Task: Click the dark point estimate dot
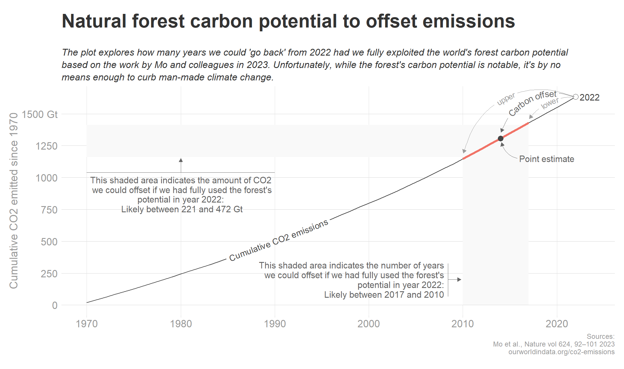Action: [500, 138]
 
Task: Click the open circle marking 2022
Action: [576, 97]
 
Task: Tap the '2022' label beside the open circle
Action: [589, 98]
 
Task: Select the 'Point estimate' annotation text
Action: [547, 159]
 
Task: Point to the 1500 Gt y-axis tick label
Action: [40, 114]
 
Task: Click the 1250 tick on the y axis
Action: [46, 146]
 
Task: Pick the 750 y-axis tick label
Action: [49, 210]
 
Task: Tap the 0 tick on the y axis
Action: [55, 305]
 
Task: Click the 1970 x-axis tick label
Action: [87, 324]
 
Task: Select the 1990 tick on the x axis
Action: [275, 324]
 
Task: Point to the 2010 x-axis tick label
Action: [463, 324]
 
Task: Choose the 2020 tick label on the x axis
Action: [557, 324]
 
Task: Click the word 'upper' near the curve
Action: [506, 99]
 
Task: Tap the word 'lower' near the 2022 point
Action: [550, 103]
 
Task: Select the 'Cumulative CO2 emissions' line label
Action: [279, 240]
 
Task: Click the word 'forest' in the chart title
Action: [158, 21]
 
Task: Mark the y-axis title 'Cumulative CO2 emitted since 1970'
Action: [14, 200]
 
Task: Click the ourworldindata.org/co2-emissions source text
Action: [561, 352]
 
